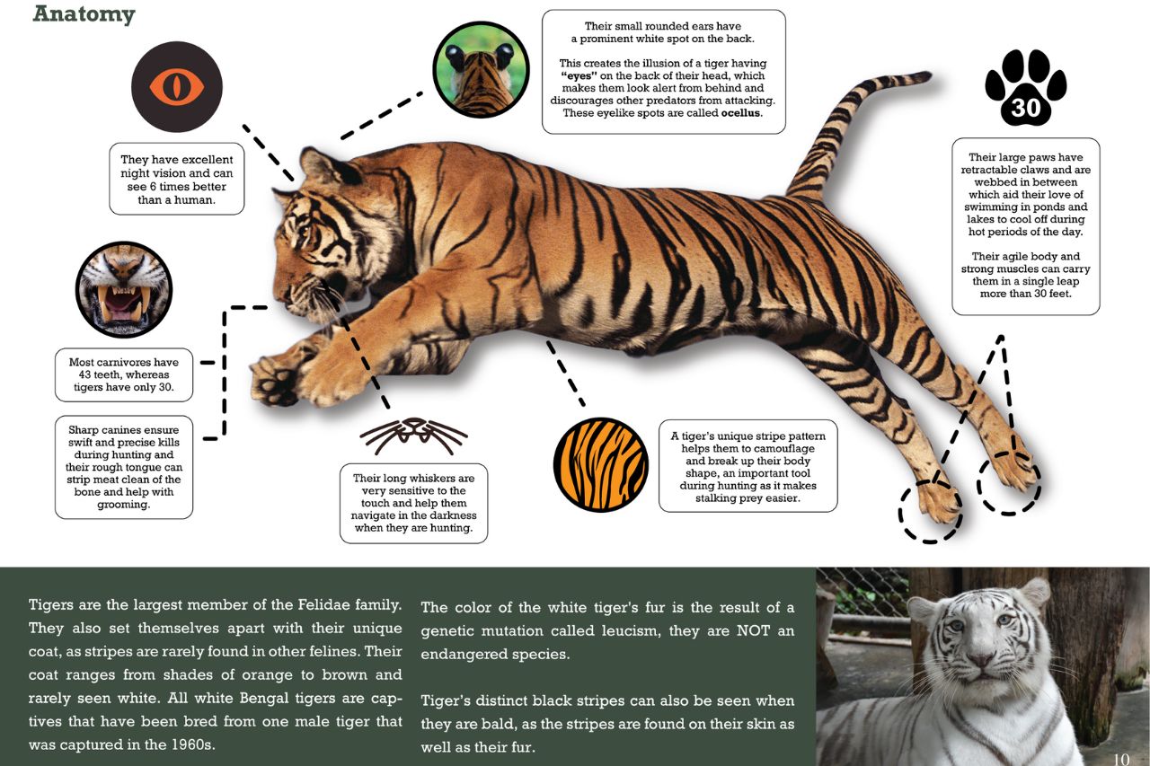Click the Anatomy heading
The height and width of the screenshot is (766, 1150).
coord(84,13)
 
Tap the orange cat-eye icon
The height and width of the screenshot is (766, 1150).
coord(177,87)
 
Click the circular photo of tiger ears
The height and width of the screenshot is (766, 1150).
coord(481,69)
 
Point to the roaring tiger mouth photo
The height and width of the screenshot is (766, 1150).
coord(124,289)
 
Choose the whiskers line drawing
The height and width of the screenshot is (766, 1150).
coord(414,436)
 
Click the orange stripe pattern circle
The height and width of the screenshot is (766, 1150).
coord(601,465)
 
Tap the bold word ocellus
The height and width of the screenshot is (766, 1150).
coord(741,113)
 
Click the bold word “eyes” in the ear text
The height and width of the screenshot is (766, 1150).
coord(579,76)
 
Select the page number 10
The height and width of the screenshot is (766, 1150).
coord(1121,759)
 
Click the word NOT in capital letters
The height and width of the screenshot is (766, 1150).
coord(753,631)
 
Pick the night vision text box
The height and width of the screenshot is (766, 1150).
coord(177,179)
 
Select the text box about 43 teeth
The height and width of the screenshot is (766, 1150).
coord(124,375)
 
